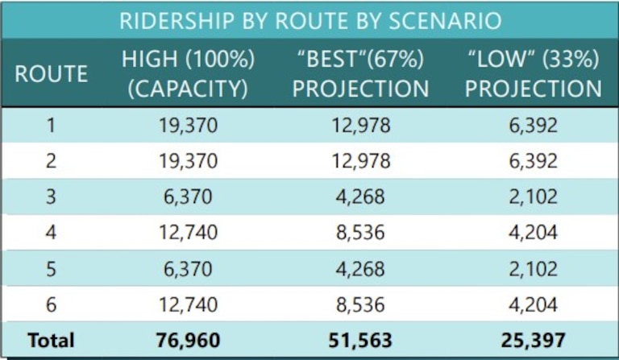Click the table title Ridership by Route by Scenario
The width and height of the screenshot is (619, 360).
point(309,21)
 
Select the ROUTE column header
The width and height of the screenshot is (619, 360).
point(51,74)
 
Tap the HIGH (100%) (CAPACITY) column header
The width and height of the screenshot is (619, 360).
point(188,74)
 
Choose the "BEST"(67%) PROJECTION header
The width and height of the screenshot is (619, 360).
point(360,74)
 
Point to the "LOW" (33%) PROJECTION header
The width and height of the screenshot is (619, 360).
point(534,74)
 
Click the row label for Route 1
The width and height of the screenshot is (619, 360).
point(51,126)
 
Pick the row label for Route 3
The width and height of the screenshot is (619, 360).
point(51,197)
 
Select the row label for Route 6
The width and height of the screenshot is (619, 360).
point(51,304)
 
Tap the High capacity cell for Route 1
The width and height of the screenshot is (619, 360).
point(188,126)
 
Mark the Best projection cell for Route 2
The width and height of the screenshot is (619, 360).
point(360,162)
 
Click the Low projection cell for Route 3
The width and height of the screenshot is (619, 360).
point(534,197)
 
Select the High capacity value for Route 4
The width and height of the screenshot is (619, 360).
point(188,233)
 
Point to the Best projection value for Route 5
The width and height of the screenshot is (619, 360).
point(360,268)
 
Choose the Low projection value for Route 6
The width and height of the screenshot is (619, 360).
point(534,304)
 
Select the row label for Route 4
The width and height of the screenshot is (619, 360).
point(51,233)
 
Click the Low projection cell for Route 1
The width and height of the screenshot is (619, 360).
point(534,126)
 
